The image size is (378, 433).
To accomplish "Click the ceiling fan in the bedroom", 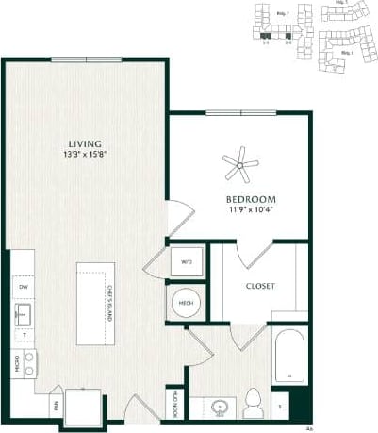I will pos(240,166).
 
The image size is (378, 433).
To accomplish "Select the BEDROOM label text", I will pos(250,199).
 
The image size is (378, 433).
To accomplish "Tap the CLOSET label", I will pos(259,286).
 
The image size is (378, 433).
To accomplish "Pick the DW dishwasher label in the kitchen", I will pos(22,286).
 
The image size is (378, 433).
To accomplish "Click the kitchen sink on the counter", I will pos(22,314).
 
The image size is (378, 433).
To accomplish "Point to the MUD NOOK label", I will pos(177,400).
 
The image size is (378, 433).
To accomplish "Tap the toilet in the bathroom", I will pos(252,404).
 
